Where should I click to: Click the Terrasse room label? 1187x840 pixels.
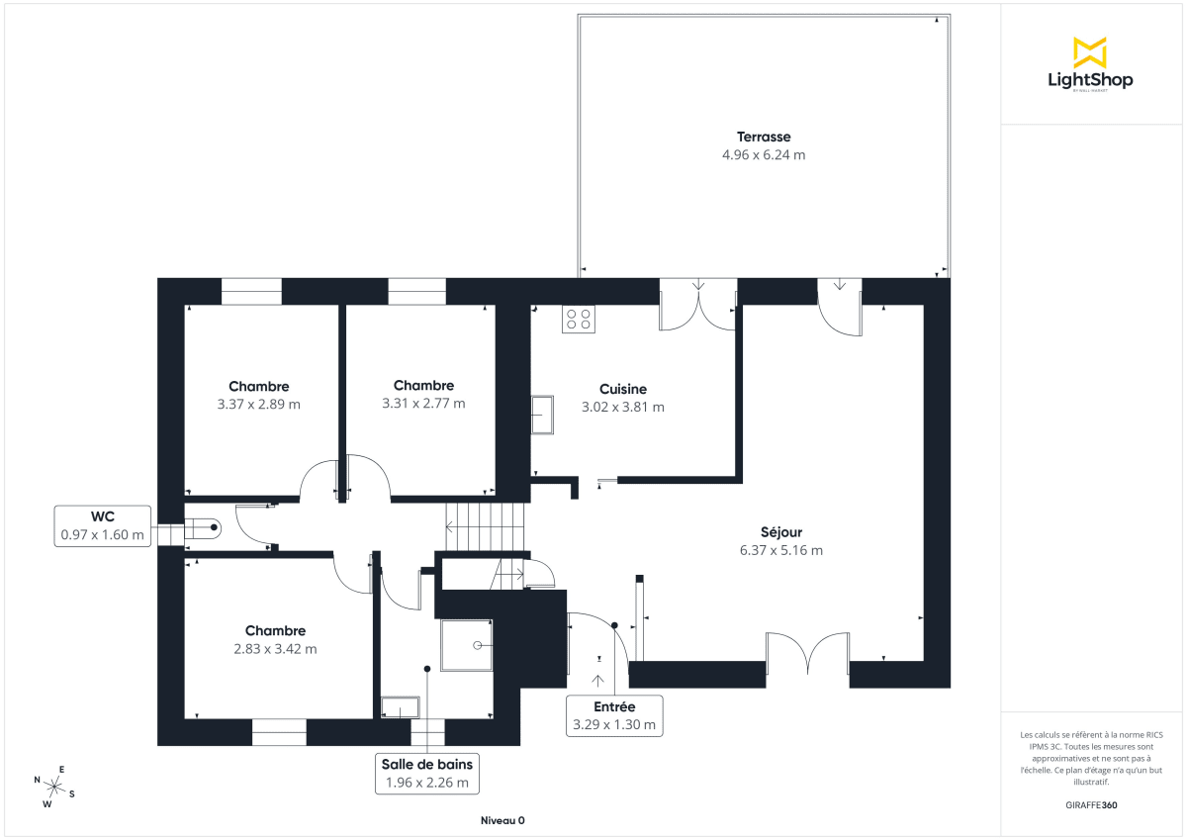763,137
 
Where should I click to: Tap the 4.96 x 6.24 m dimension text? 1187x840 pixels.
763,154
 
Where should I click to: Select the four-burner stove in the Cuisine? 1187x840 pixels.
579,319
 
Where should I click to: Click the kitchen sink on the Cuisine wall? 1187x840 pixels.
542,414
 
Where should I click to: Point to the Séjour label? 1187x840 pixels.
780,532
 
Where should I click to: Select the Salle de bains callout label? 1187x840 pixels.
427,773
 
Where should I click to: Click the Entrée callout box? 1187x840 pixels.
613,715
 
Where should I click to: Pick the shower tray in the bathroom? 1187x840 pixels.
466,645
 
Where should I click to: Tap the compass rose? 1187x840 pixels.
55,788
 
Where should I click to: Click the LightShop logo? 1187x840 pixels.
1089,64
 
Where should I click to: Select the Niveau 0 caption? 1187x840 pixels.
502,820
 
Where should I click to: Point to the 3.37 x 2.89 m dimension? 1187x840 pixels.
258,404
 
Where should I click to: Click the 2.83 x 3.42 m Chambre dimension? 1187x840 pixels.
275,649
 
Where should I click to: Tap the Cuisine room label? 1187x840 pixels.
622,389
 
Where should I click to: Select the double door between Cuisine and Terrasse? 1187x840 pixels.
698,305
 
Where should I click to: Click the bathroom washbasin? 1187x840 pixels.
401,707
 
